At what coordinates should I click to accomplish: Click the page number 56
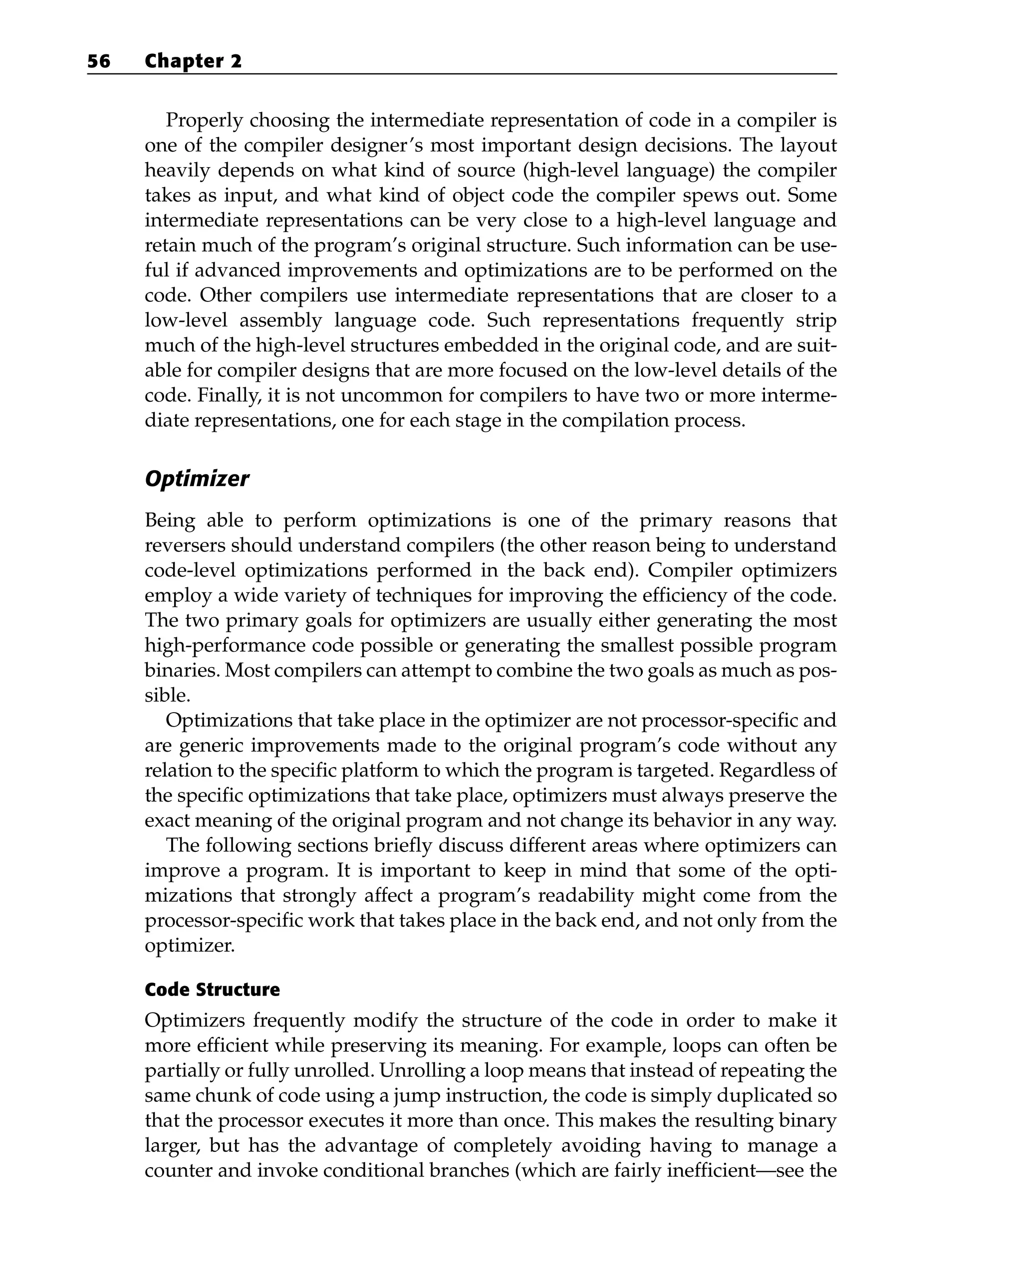click(x=99, y=61)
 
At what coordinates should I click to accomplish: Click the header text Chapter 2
click(x=193, y=61)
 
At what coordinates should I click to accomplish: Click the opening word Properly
click(x=205, y=121)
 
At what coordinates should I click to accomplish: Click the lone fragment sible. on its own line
click(x=168, y=695)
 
